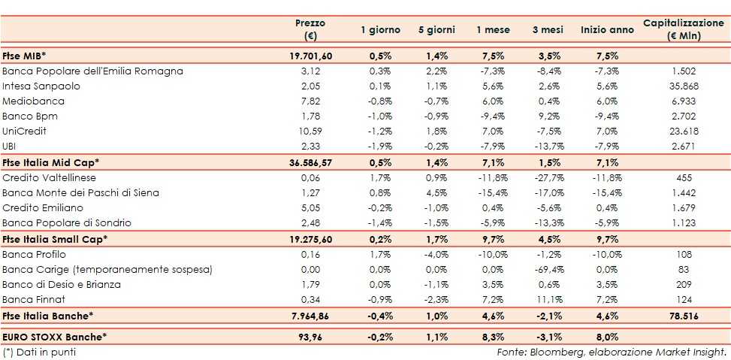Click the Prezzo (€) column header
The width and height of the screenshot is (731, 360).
point(310,29)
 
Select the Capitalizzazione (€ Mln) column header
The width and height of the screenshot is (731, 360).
point(683,29)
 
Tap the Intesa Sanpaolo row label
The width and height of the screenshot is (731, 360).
point(41,86)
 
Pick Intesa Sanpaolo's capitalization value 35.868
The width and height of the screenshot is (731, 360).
point(683,86)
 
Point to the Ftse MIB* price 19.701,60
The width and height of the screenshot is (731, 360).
point(310,56)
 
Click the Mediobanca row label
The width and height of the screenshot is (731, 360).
point(34,101)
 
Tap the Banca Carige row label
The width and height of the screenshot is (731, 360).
point(107,269)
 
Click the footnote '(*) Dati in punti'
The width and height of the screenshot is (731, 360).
point(39,351)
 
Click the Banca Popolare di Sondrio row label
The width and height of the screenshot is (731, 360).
point(67,223)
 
